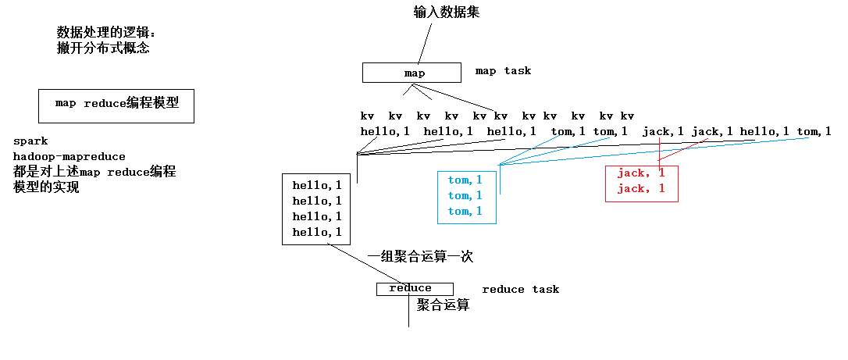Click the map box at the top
click(x=414, y=73)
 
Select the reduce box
click(x=414, y=289)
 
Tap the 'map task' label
click(x=503, y=71)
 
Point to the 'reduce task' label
click(x=520, y=290)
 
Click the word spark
click(x=30, y=141)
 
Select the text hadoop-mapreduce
click(x=69, y=157)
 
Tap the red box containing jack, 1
click(x=641, y=184)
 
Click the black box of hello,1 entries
click(x=316, y=209)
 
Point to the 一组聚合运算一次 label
click(x=420, y=256)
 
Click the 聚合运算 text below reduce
click(x=443, y=305)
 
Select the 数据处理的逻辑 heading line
click(x=106, y=32)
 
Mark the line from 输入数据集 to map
click(x=426, y=42)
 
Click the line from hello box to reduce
click(x=367, y=264)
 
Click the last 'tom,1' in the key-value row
click(x=813, y=131)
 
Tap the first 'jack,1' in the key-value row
click(x=663, y=131)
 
